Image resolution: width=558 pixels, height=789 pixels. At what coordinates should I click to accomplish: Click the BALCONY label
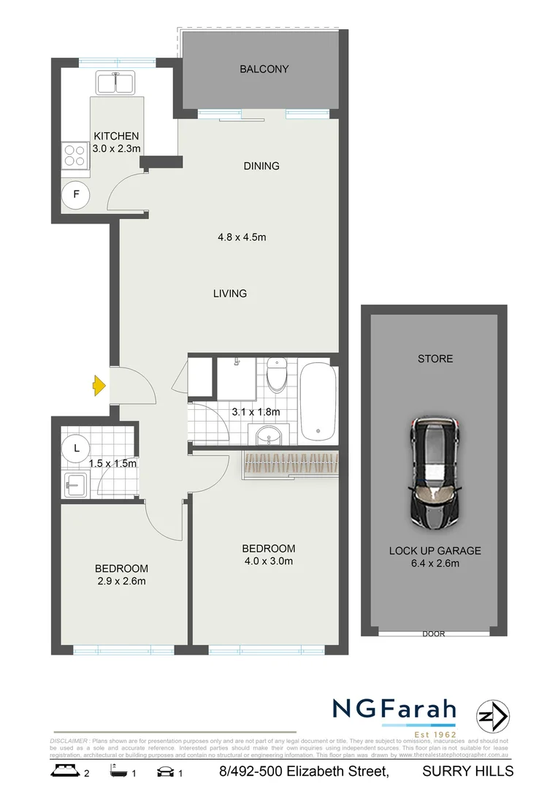pyautogui.click(x=264, y=69)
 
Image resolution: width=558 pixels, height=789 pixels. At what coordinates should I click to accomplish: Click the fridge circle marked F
pyautogui.click(x=75, y=195)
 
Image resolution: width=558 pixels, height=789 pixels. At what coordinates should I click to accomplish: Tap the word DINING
pyautogui.click(x=261, y=166)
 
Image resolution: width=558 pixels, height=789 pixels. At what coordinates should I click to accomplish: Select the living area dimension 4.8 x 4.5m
pyautogui.click(x=241, y=237)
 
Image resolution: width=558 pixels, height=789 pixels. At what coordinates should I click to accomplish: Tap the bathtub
pyautogui.click(x=318, y=401)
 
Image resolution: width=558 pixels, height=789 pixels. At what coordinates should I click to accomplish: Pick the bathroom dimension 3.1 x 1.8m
pyautogui.click(x=256, y=411)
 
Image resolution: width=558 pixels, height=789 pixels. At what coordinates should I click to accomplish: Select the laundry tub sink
pyautogui.click(x=75, y=484)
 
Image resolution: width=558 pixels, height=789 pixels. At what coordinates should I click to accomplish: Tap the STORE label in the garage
pyautogui.click(x=435, y=359)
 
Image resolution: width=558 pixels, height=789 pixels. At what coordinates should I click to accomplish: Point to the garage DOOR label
pyautogui.click(x=433, y=634)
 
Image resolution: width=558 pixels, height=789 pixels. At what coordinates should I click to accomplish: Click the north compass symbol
pyautogui.click(x=492, y=716)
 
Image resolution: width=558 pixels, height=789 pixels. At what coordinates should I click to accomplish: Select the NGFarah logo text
pyautogui.click(x=394, y=709)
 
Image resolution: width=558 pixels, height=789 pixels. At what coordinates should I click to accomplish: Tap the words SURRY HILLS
pyautogui.click(x=468, y=771)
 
